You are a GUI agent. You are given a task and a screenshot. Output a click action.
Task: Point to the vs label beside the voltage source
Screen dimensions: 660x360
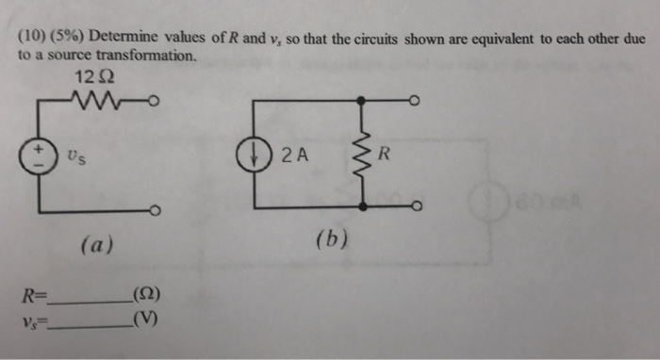[x=76, y=156]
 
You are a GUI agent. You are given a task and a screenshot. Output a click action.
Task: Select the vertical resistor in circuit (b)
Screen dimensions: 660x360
[x=361, y=154]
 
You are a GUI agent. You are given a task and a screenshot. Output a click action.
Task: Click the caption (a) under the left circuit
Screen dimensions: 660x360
[x=96, y=245]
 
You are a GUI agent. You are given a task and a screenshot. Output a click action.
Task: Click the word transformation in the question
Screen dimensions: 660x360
[x=152, y=56]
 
